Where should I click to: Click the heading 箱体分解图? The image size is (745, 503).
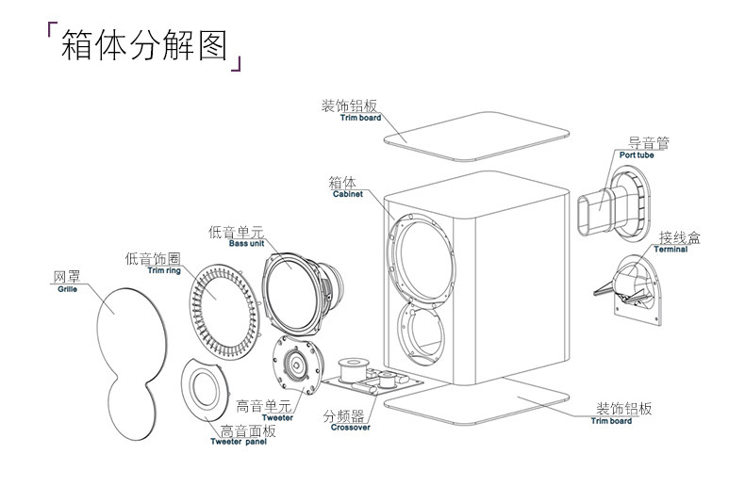pyautogui.click(x=144, y=45)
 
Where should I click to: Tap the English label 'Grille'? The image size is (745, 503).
pyautogui.click(x=68, y=289)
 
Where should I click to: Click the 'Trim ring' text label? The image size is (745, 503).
pyautogui.click(x=164, y=270)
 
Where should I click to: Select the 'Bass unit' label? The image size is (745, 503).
pyautogui.click(x=246, y=243)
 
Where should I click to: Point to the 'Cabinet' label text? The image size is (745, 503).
pyautogui.click(x=347, y=194)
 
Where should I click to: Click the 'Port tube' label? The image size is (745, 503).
pyautogui.click(x=637, y=155)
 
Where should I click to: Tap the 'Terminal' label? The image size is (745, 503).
pyautogui.click(x=670, y=249)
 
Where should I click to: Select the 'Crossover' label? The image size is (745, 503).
pyautogui.click(x=350, y=427)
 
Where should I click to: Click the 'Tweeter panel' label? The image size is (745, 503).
pyautogui.click(x=239, y=442)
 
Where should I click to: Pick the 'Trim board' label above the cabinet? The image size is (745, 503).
pyautogui.click(x=360, y=118)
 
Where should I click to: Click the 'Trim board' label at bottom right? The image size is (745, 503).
pyautogui.click(x=611, y=421)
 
